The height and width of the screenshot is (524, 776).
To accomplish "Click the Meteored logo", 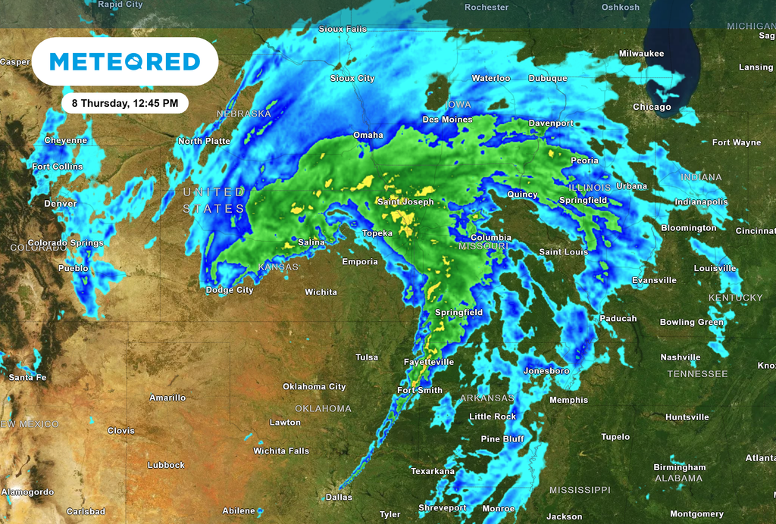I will coord(124,61).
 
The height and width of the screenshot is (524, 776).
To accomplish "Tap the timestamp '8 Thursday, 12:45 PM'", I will coord(125,102).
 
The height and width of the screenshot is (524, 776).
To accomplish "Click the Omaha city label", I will coord(368,136).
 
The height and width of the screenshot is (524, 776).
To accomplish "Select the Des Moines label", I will coord(447,120).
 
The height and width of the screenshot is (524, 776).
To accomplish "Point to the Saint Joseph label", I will coord(405,202).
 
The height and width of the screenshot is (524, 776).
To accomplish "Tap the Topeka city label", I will coord(377,233).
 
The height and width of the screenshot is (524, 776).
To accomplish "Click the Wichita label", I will coord(321,292).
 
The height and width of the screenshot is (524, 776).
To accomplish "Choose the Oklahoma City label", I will coord(314,387).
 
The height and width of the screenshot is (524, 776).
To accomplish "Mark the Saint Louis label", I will coord(564,252).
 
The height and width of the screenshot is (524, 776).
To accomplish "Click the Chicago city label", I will coord(652,108).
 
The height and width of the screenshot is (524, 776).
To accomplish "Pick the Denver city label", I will coord(61,204).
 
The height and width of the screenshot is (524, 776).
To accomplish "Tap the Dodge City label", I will coord(230,290).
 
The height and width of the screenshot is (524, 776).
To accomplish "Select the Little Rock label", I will coord(493,417).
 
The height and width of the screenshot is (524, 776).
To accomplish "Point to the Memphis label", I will coord(568,401).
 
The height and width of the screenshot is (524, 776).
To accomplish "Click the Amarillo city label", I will coord(167,398).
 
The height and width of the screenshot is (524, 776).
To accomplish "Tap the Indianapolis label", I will coord(701,202).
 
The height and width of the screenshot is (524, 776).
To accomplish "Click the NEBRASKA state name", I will coord(244,114).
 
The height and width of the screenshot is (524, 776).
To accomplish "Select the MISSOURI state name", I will coord(483,247).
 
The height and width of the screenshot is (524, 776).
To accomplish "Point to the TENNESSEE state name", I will coord(697,374).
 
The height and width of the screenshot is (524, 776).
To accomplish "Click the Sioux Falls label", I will coord(343,30).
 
